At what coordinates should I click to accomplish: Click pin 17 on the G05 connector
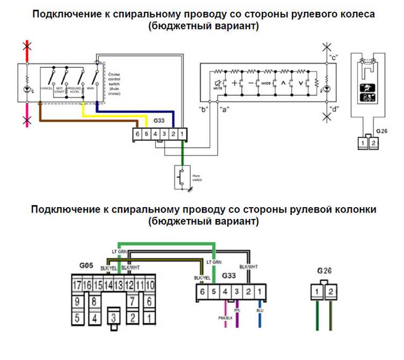(76, 284)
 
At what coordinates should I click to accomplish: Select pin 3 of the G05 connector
(113, 316)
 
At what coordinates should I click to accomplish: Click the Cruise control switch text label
(115, 83)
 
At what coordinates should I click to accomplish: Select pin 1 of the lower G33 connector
(260, 292)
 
